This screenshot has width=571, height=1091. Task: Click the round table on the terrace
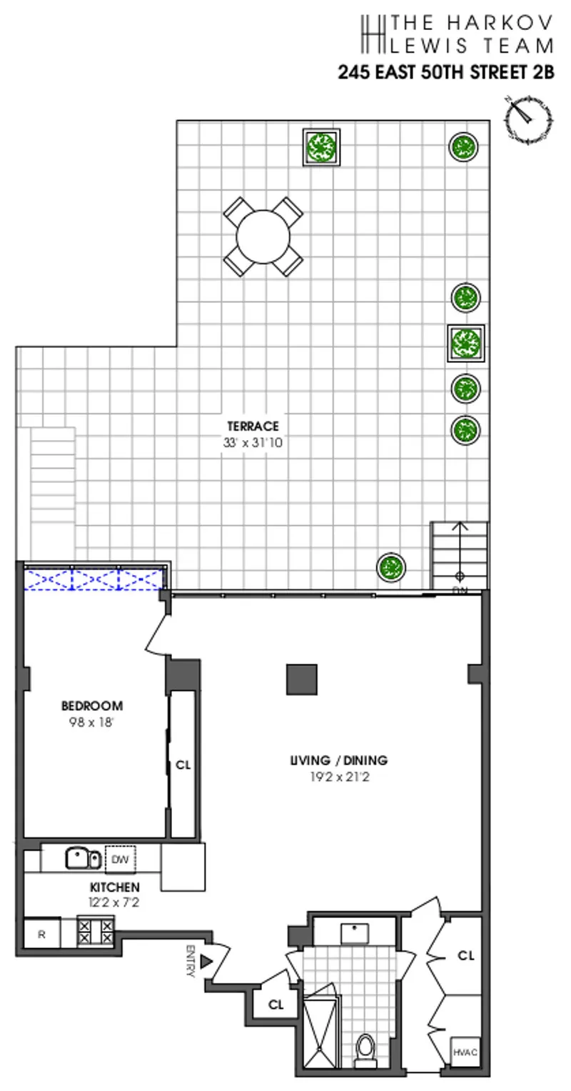pyautogui.click(x=263, y=236)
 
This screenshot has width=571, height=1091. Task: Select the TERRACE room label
pyautogui.click(x=254, y=427)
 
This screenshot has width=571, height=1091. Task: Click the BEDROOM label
pyautogui.click(x=91, y=705)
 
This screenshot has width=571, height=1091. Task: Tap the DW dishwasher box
pyautogui.click(x=120, y=860)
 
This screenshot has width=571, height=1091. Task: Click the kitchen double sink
pyautogui.click(x=84, y=857)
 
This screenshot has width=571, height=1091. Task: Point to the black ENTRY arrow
pyautogui.click(x=207, y=962)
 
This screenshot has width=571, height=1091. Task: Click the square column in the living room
pyautogui.click(x=302, y=679)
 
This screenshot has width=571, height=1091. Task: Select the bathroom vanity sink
pyautogui.click(x=354, y=932)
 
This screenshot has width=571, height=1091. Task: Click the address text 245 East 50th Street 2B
pyautogui.click(x=445, y=72)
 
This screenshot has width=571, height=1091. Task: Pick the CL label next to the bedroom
pyautogui.click(x=183, y=764)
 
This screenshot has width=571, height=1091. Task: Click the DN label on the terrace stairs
pyautogui.click(x=460, y=590)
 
